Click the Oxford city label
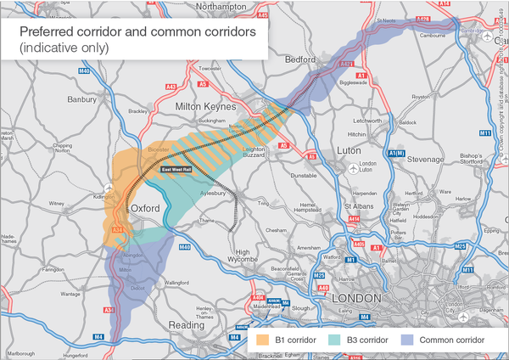[x=146, y=207]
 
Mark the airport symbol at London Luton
[x=353, y=167]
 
